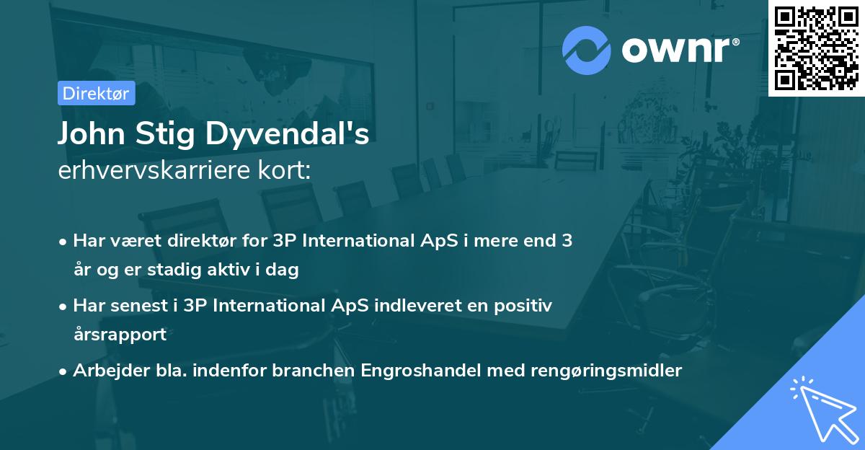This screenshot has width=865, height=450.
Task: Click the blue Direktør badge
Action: [96, 93]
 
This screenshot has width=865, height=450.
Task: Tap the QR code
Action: [817, 48]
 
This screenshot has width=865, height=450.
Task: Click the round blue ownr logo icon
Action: [587, 50]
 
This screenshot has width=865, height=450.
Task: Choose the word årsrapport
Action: [120, 335]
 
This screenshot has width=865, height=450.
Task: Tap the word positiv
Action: [524, 306]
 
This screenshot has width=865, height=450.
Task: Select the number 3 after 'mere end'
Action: [567, 241]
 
